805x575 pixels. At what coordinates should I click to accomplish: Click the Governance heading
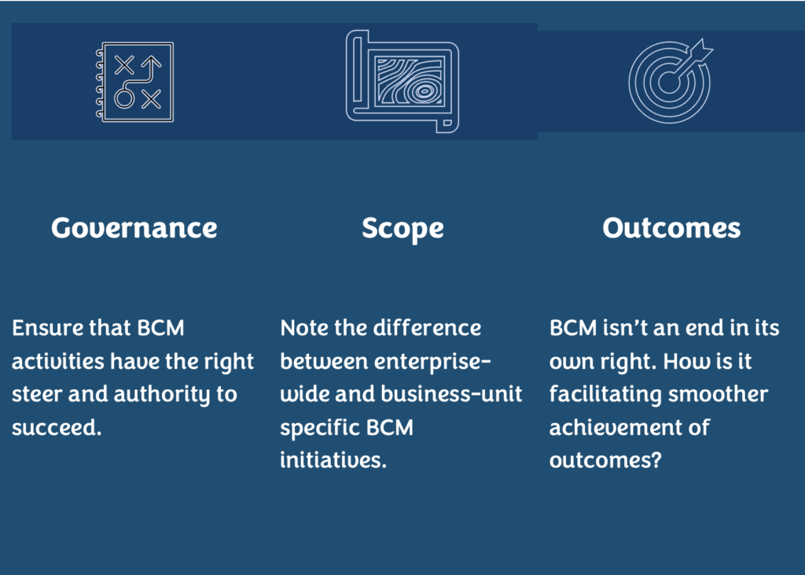[134, 227]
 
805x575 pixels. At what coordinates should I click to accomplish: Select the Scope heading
[403, 229]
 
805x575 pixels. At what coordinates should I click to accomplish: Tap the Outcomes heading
[671, 227]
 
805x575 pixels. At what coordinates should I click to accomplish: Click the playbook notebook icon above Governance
[135, 83]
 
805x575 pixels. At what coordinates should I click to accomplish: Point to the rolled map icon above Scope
[402, 81]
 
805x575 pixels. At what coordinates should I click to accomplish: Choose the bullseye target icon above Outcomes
[671, 81]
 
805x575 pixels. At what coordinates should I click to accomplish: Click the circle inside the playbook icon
[123, 98]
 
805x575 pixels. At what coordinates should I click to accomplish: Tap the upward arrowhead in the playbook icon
[151, 62]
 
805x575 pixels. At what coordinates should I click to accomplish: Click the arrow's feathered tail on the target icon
[702, 50]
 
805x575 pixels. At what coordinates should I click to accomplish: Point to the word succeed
[57, 428]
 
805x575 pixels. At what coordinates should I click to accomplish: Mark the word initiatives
[333, 460]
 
